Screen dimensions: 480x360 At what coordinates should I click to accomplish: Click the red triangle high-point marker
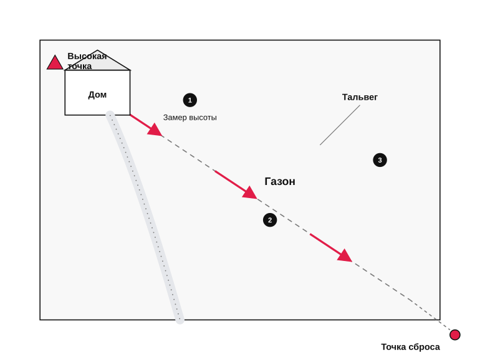click(55, 64)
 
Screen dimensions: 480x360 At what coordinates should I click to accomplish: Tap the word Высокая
click(87, 56)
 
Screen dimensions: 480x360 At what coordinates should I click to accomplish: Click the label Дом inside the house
click(97, 95)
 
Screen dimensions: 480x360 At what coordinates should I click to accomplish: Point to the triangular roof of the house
click(97, 62)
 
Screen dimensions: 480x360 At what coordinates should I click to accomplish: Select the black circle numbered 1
click(190, 100)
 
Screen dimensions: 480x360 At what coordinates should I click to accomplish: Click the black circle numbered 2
click(270, 220)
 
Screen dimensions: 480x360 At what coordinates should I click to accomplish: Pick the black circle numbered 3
click(380, 160)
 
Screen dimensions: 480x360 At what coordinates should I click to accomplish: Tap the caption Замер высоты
click(190, 118)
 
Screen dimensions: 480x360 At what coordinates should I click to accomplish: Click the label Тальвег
click(360, 97)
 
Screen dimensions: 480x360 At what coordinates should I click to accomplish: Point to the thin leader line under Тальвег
click(340, 125)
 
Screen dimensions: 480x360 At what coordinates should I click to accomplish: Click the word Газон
click(280, 181)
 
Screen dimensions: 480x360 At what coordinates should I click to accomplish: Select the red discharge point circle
click(455, 334)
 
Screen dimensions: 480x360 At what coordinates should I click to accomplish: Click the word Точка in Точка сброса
click(393, 347)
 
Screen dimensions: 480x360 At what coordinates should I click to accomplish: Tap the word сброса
click(424, 347)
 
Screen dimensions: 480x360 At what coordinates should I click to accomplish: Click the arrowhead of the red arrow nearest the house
click(155, 131)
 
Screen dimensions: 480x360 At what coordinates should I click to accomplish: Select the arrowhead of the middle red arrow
click(250, 193)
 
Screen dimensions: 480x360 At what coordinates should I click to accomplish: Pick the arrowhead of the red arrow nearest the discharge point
click(345, 256)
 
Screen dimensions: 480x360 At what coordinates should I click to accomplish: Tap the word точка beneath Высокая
click(80, 66)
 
